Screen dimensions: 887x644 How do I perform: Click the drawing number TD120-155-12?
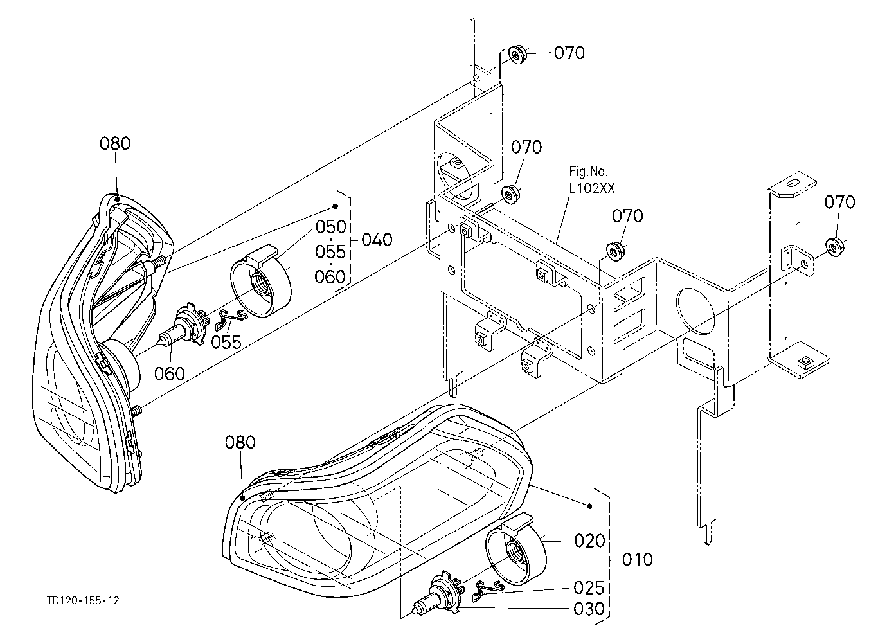pos(83,601)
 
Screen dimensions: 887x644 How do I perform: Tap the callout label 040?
pos(377,240)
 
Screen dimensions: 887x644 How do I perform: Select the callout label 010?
pos(637,560)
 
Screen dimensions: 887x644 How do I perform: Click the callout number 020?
pos(589,541)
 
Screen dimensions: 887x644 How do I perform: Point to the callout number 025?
pos(589,588)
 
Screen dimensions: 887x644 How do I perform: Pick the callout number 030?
pos(589,609)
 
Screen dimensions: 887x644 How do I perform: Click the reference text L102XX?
pos(593,188)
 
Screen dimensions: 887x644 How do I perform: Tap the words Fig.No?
pos(588,171)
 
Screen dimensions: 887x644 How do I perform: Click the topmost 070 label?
pos(569,53)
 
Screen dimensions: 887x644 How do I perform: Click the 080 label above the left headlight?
pos(115,143)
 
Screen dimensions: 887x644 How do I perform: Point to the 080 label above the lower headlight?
pos(240,442)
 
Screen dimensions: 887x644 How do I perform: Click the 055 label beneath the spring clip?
pos(226,342)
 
